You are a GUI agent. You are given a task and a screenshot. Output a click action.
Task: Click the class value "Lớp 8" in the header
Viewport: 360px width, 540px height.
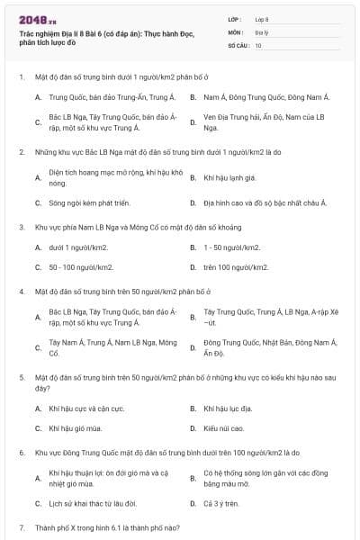point(262,18)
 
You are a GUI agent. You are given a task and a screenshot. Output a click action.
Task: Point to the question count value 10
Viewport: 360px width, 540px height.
point(258,43)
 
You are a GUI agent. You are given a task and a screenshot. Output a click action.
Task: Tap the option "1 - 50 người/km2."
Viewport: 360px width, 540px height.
point(232,247)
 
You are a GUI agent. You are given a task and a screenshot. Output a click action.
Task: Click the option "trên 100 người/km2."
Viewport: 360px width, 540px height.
point(236,267)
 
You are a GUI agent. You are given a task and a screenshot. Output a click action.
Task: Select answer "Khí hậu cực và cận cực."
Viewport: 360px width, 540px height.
point(86,408)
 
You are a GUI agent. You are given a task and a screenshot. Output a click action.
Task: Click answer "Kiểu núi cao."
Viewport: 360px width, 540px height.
point(223,428)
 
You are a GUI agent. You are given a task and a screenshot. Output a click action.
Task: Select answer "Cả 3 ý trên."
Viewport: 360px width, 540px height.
point(221,503)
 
